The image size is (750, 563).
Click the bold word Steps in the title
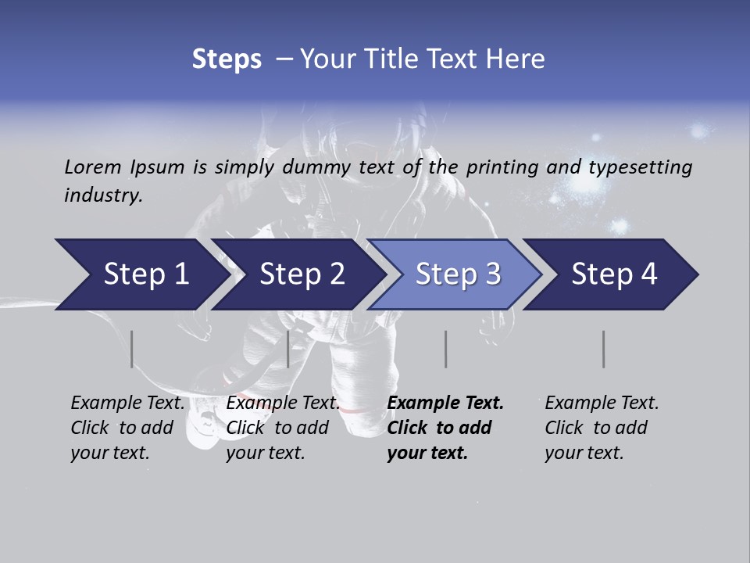pyautogui.click(x=227, y=59)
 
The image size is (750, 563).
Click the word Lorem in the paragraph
pyautogui.click(x=92, y=167)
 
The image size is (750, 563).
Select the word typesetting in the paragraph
pyautogui.click(x=640, y=167)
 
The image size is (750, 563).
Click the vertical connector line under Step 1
pyautogui.click(x=132, y=349)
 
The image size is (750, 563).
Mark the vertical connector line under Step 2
pyautogui.click(x=288, y=349)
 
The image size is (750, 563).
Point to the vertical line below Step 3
pyautogui.click(x=446, y=349)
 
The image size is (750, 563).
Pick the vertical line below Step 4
pyautogui.click(x=604, y=349)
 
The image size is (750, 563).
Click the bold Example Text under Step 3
pyautogui.click(x=445, y=428)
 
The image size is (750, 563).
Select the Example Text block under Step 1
pyautogui.click(x=127, y=428)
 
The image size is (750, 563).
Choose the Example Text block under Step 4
pyautogui.click(x=602, y=428)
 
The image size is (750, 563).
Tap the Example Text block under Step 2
pyautogui.click(x=283, y=428)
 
